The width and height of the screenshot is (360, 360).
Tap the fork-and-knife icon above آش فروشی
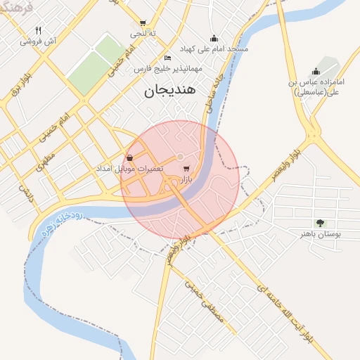coord(38,30)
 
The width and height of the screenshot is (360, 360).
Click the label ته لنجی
coord(139,33)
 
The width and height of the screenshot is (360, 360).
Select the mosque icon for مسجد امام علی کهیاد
coord(214,38)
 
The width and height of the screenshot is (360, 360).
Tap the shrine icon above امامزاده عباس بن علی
coord(316,70)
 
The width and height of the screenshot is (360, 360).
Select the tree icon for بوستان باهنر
coord(321,223)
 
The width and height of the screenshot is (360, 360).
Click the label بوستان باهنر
coord(316,234)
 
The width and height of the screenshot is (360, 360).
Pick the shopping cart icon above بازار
coord(186,169)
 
